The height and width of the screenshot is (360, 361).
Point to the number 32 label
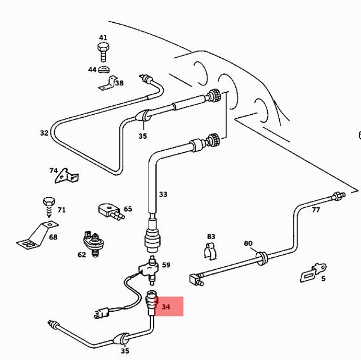click(44, 133)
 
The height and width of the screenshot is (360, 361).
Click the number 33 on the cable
click(163, 194)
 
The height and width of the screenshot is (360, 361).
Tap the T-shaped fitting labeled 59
click(151, 266)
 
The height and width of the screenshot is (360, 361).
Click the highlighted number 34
click(166, 307)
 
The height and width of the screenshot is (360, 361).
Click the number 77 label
click(316, 210)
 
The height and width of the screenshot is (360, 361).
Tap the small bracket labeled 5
click(312, 272)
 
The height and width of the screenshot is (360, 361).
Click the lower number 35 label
click(125, 351)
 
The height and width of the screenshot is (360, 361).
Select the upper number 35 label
click(143, 136)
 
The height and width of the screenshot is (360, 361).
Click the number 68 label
click(53, 237)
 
